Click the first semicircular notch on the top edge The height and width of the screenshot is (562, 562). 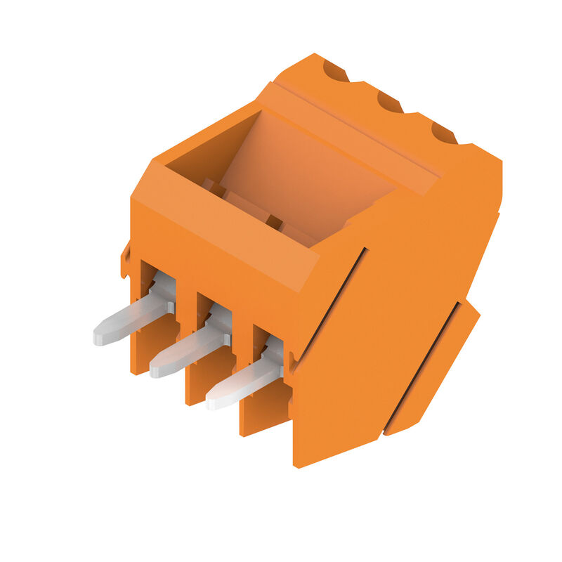pyautogui.click(x=335, y=71)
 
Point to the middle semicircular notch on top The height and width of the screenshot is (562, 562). pyautogui.click(x=390, y=102)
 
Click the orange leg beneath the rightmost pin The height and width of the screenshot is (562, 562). pyautogui.click(x=263, y=414)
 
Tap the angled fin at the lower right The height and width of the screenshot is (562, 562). pyautogui.click(x=443, y=365)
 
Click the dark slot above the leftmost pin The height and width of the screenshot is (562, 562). pyautogui.click(x=148, y=274)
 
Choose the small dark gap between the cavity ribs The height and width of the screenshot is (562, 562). pyautogui.click(x=273, y=223)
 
